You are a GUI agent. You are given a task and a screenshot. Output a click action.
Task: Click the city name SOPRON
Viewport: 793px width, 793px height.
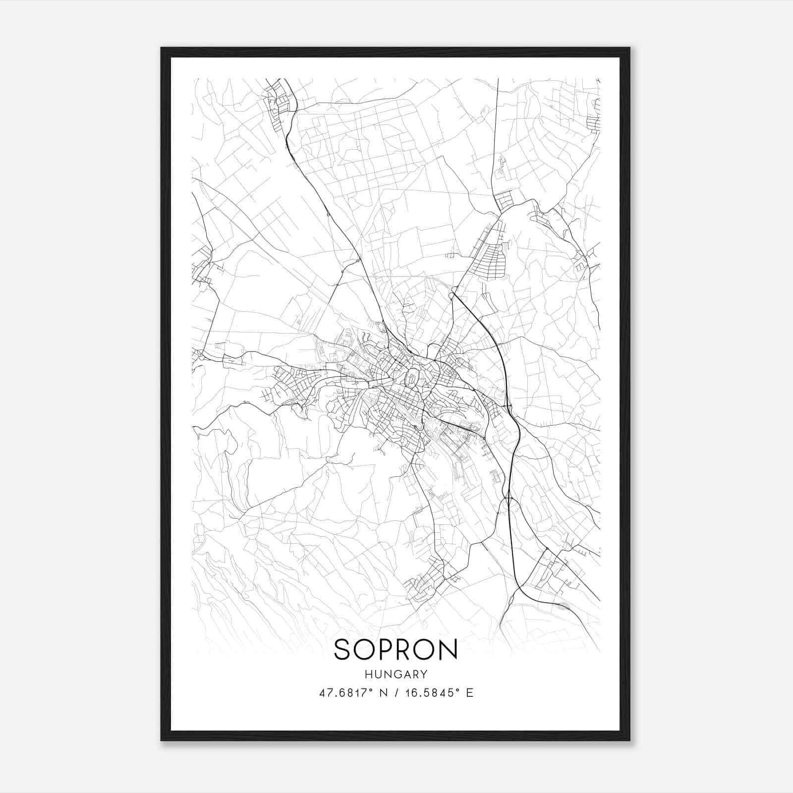[396, 649]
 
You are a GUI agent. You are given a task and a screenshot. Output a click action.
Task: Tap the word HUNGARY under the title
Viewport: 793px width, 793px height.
[396, 674]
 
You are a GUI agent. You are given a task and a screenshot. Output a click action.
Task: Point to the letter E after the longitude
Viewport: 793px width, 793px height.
[469, 692]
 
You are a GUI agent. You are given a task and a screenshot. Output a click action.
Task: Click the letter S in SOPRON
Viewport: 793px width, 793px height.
[343, 649]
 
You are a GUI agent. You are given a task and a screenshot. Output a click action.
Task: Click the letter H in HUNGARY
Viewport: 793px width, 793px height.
[368, 674]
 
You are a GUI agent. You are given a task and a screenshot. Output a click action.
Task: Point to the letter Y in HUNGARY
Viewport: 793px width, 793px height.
[424, 674]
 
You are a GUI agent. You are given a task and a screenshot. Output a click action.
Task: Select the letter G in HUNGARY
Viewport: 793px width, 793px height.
[396, 674]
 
